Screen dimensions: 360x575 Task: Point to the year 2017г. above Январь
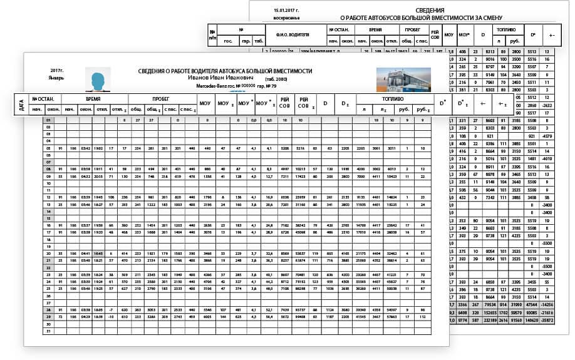[58, 71]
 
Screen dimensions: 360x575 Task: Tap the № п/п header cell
[213, 34]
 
